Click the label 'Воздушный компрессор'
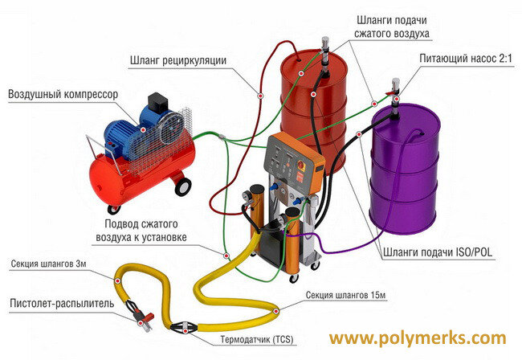[x=63, y=95]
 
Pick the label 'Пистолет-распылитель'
[x=57, y=304]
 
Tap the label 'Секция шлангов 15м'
[x=345, y=297]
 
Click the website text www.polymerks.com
[x=418, y=337]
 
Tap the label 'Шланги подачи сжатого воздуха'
[x=392, y=27]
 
